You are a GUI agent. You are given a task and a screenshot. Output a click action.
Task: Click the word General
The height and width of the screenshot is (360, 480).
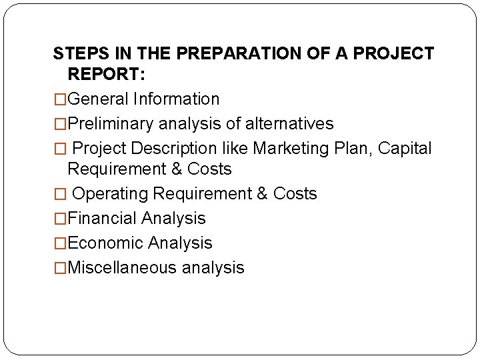(98, 99)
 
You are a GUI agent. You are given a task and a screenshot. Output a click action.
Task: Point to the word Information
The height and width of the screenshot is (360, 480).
(176, 99)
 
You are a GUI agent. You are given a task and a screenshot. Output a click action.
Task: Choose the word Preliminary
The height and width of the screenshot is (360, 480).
(111, 124)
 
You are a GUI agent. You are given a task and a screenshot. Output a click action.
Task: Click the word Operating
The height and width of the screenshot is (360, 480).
(110, 194)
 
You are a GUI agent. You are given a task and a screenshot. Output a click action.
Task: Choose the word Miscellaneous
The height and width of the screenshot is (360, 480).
(122, 268)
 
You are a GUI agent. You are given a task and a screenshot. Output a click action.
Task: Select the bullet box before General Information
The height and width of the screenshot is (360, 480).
(60, 100)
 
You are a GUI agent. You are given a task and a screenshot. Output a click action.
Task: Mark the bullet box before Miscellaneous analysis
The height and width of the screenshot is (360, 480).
(60, 269)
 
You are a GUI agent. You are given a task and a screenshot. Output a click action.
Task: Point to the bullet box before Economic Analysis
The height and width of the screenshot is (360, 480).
(60, 244)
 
